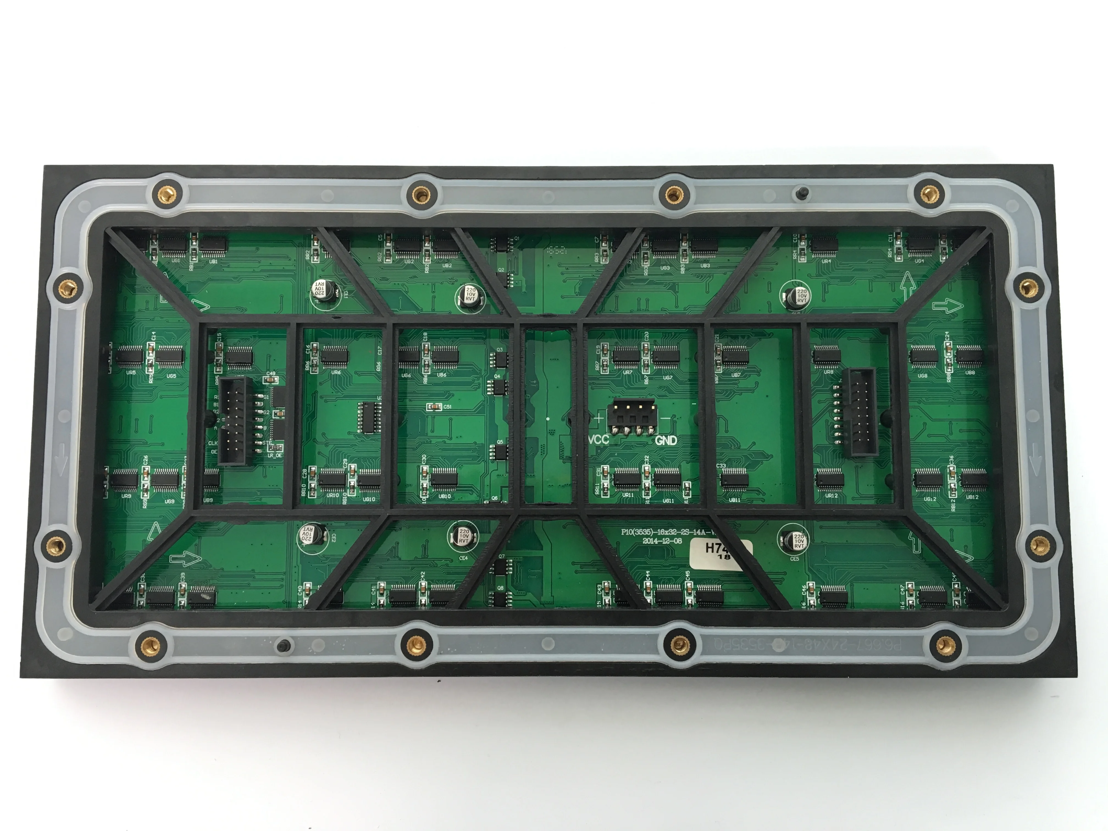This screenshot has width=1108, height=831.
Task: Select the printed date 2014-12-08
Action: point(662,541)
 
